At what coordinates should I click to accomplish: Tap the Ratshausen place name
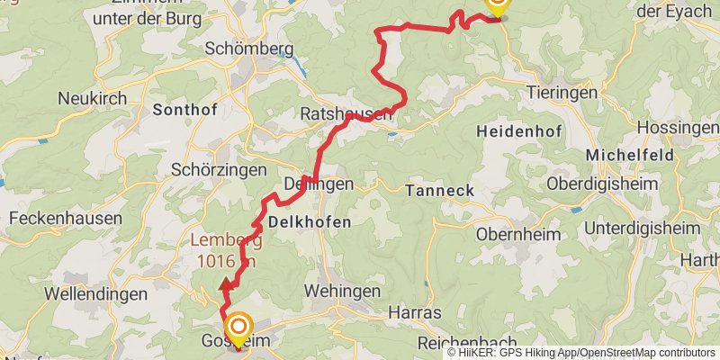pos(346,114)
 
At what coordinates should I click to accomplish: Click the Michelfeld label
pos(630,155)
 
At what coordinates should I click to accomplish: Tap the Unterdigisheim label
pos(642,228)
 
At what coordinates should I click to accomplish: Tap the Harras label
pos(414,312)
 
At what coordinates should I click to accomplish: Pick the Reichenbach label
pos(467,343)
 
